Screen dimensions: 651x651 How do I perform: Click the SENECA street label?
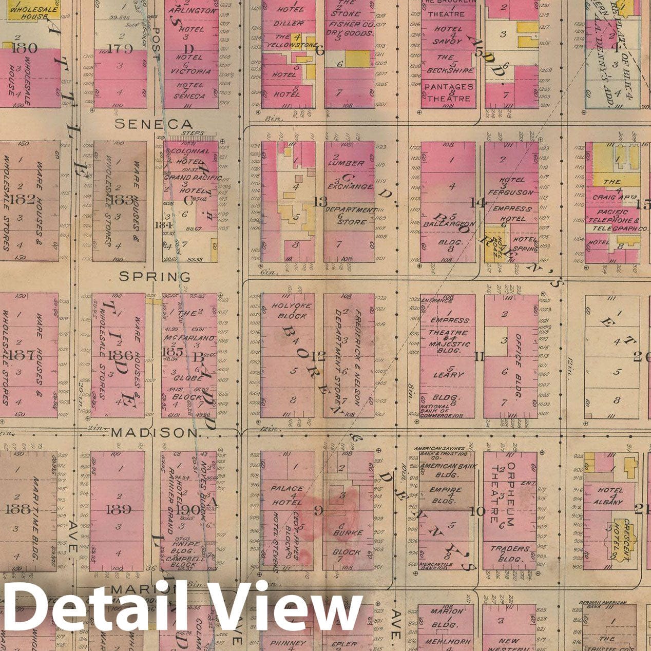coord(153,124)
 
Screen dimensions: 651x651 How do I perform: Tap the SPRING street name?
coord(155,277)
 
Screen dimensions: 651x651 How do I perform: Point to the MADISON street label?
coord(154,433)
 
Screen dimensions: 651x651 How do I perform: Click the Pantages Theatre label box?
coord(448,93)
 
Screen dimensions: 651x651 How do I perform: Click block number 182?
coord(22,200)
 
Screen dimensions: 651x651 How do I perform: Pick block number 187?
coord(23,355)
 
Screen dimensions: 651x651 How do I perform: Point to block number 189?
coord(118,510)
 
